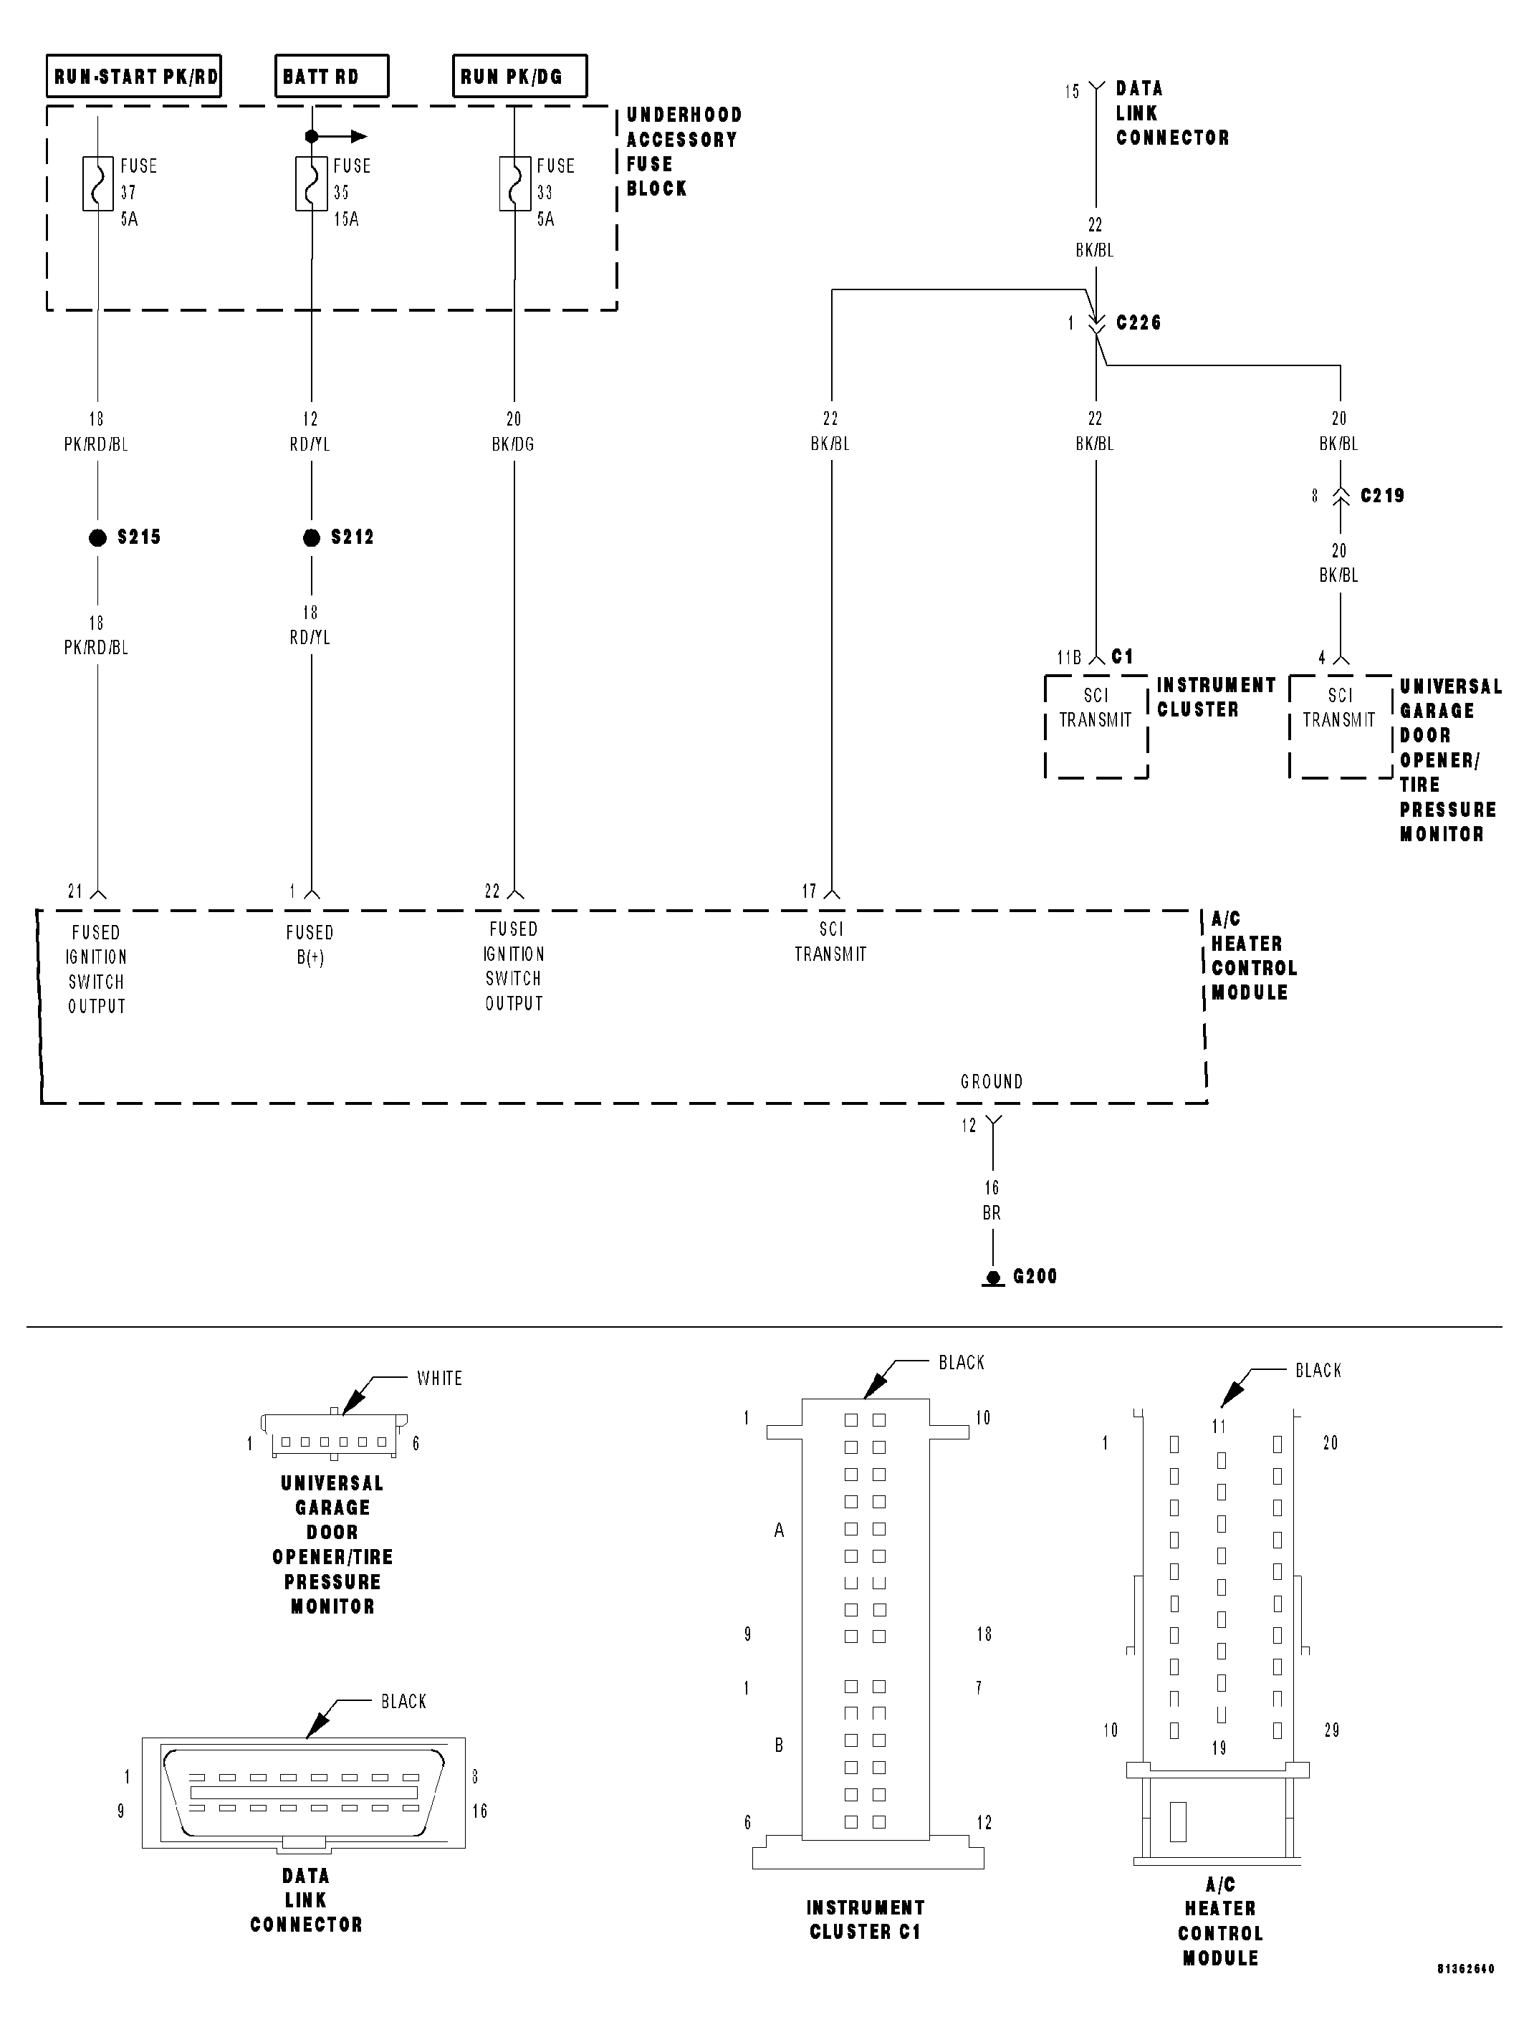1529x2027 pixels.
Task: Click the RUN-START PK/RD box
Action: pyautogui.click(x=134, y=76)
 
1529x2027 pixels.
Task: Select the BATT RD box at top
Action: pyautogui.click(x=331, y=76)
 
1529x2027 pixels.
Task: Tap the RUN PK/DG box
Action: pyautogui.click(x=519, y=76)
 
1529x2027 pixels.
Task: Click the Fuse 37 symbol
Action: pyautogui.click(x=97, y=183)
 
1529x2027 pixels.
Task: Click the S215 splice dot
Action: pyautogui.click(x=97, y=538)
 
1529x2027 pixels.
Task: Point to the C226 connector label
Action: pyautogui.click(x=1138, y=322)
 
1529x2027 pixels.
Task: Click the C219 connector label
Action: pyautogui.click(x=1381, y=496)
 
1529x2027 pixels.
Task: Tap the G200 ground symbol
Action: pyautogui.click(x=993, y=1278)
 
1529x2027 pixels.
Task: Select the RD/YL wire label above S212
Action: pyautogui.click(x=310, y=444)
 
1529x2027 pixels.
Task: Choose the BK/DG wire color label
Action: pyautogui.click(x=513, y=444)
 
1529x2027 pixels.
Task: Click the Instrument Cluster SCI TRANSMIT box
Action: pyautogui.click(x=1096, y=726)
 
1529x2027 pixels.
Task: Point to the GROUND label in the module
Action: pyautogui.click(x=991, y=1081)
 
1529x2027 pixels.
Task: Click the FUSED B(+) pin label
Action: pyautogui.click(x=310, y=945)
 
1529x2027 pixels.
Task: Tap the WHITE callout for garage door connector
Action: pyautogui.click(x=438, y=1379)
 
